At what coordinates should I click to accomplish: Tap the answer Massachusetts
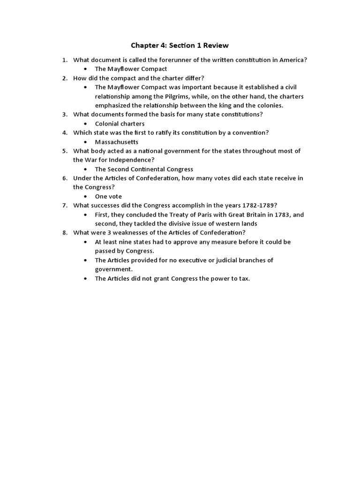point(117,142)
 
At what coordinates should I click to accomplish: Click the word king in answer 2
point(233,105)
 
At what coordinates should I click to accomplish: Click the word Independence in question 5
point(128,160)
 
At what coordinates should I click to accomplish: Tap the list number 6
point(65,178)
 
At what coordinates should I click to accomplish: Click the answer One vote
point(108,196)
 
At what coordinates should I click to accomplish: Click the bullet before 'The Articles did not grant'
point(85,278)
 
